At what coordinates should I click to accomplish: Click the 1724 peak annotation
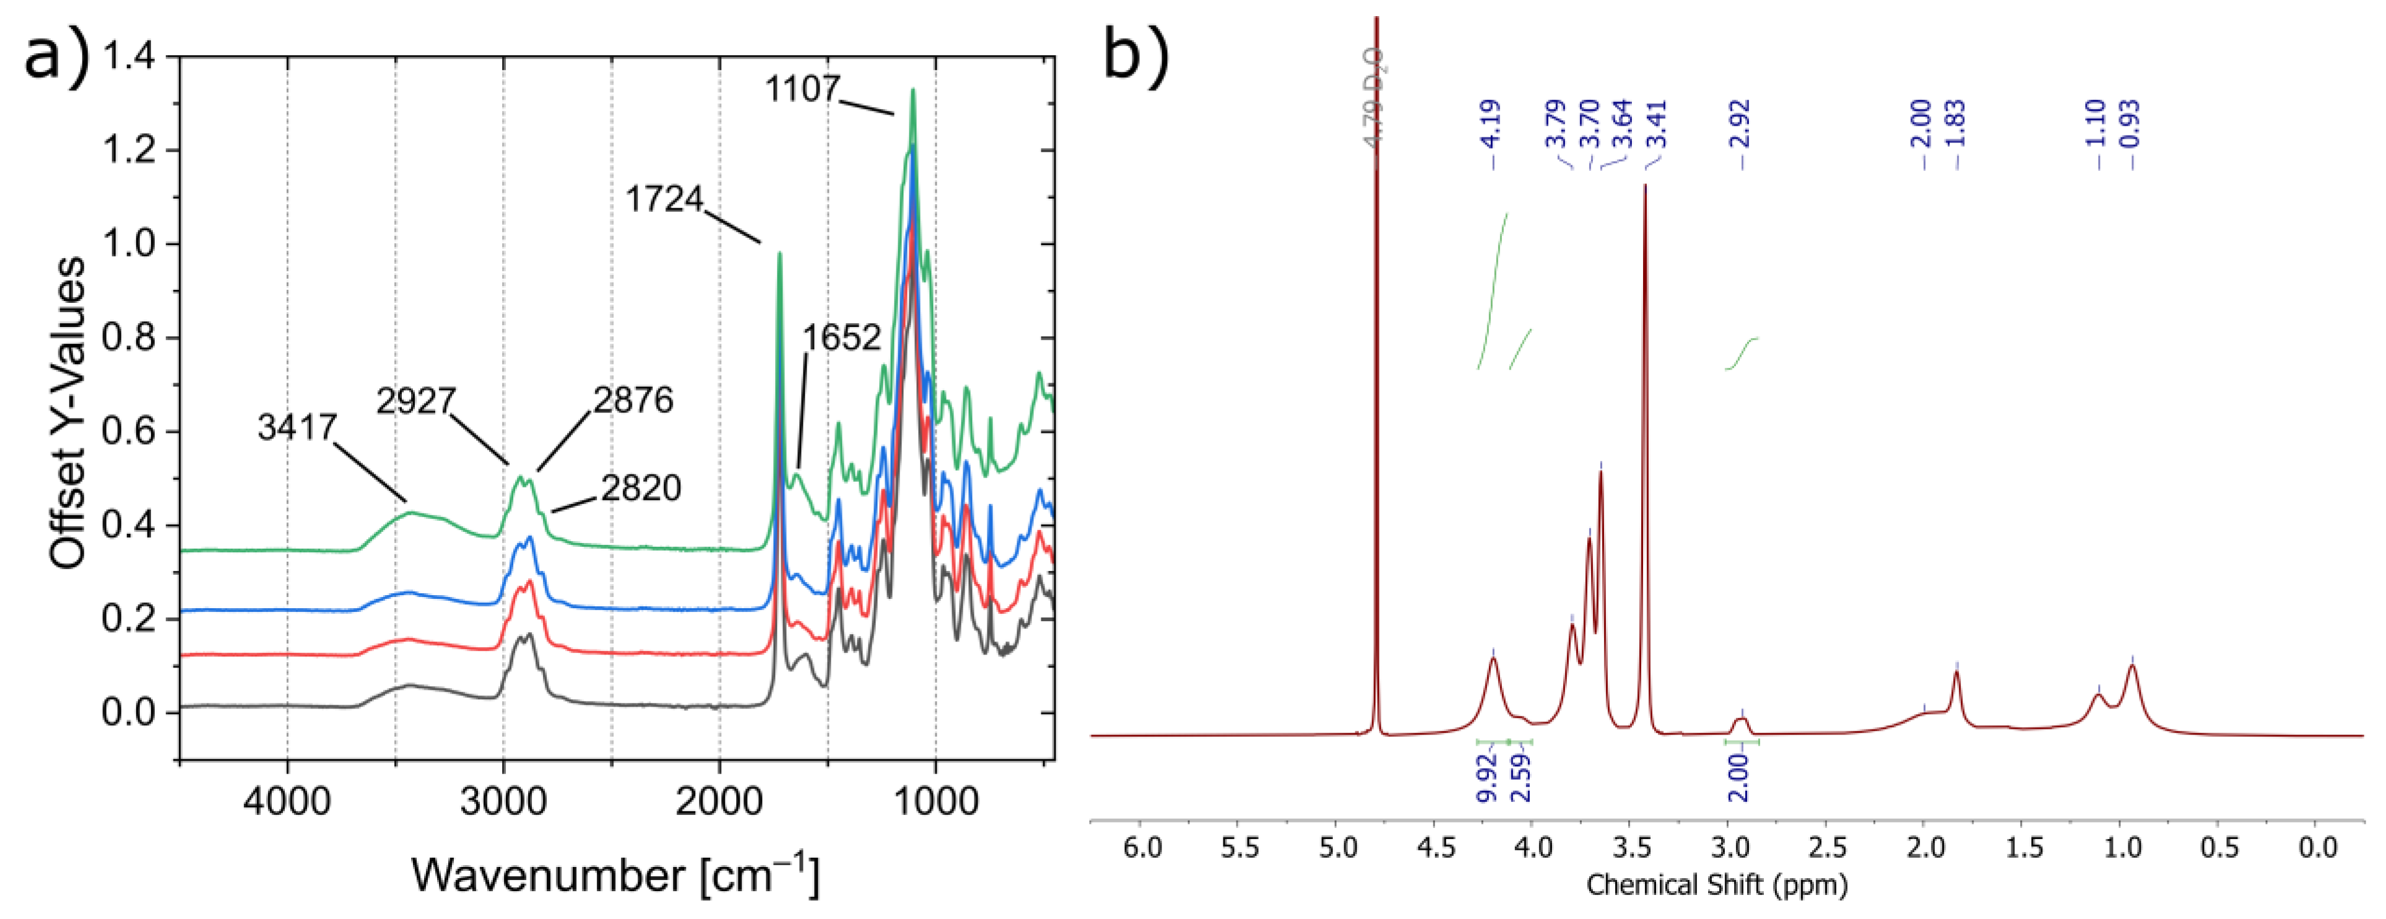(664, 198)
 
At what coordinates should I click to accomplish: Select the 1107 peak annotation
(802, 89)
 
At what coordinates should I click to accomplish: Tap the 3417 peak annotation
(297, 427)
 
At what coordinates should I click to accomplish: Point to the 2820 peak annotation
(641, 487)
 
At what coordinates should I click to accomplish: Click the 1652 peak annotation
(841, 338)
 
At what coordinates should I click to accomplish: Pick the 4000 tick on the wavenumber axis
(287, 799)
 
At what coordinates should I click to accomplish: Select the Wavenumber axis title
(615, 874)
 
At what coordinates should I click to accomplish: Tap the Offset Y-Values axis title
(67, 413)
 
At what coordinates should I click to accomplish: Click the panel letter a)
(56, 56)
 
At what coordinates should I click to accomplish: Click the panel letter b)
(1135, 56)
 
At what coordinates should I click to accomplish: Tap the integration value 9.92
(1486, 777)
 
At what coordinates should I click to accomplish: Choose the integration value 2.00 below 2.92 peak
(1738, 777)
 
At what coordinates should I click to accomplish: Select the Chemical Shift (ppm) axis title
(1716, 885)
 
